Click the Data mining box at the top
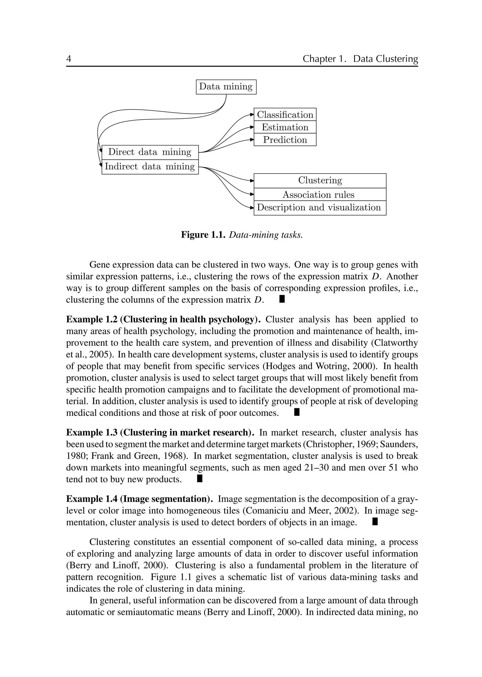(226, 87)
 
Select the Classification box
(285, 115)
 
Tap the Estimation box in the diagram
(285, 127)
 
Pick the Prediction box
(285, 140)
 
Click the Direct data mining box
(150, 152)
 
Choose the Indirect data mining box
(150, 167)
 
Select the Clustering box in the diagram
(320, 180)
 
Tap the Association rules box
(320, 195)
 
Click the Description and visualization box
(320, 207)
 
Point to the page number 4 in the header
(68, 59)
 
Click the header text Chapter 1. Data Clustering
(360, 59)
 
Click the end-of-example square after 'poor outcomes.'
(297, 412)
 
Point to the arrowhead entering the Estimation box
(252, 127)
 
